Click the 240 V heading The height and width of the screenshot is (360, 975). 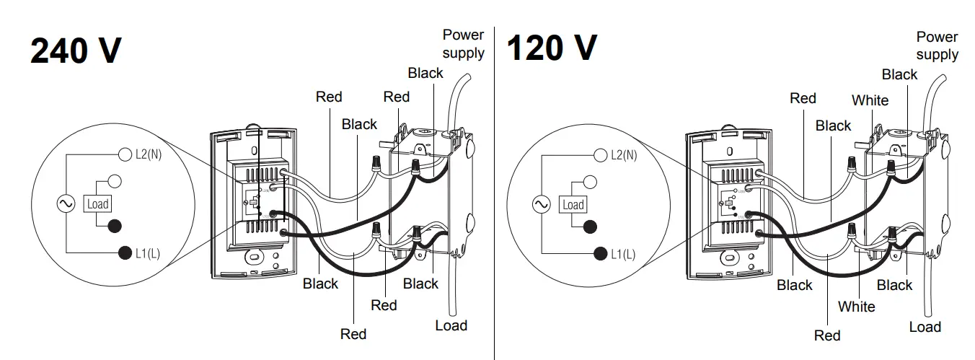click(76, 51)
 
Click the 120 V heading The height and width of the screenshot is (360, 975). click(552, 48)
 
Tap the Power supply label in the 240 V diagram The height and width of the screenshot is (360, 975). click(463, 43)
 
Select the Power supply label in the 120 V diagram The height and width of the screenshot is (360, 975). click(937, 45)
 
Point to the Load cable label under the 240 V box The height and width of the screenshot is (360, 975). click(451, 325)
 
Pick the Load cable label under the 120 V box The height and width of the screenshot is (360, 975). click(925, 327)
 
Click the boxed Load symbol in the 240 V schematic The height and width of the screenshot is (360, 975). click(97, 204)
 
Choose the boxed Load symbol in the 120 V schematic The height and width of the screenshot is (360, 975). click(573, 205)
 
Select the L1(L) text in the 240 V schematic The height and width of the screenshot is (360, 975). click(148, 253)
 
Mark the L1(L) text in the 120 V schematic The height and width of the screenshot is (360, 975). click(623, 254)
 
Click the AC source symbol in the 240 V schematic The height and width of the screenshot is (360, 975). click(65, 204)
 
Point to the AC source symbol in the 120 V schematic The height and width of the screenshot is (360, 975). click(540, 205)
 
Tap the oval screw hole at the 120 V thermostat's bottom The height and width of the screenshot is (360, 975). click(729, 257)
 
